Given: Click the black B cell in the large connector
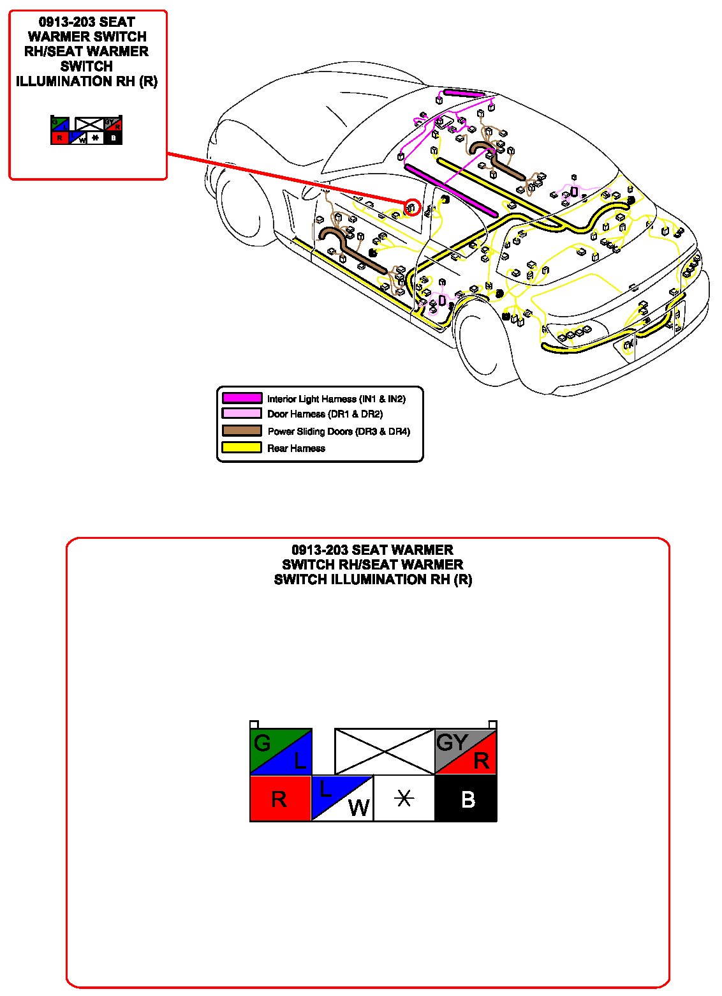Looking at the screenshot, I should (466, 798).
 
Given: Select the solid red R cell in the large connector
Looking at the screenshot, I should (280, 798).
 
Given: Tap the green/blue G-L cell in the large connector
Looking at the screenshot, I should (280, 751).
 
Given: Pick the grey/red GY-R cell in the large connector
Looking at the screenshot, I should (466, 751).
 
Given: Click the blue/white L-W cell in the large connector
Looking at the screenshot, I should (342, 798).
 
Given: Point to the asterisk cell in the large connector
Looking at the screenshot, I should (404, 798).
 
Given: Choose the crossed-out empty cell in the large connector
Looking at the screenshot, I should (385, 751).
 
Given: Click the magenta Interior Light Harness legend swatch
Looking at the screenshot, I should (242, 398).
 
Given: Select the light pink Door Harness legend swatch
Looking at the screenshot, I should (242, 414).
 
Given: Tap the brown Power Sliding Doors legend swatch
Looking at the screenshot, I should (242, 431).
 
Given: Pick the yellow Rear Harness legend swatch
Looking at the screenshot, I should (242, 448).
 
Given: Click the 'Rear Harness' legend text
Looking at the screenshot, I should (296, 448).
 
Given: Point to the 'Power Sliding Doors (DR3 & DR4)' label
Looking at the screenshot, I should (339, 432).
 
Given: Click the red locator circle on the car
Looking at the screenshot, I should (412, 207).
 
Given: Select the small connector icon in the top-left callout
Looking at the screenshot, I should (86, 130).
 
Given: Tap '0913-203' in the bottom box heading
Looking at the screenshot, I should (320, 550).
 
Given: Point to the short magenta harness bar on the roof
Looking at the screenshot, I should (464, 93).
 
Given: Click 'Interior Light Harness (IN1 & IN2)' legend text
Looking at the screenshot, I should (336, 399).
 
